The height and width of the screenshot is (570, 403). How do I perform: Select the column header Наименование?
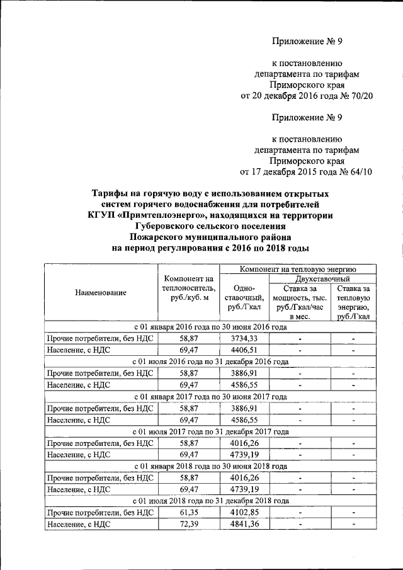click(101, 292)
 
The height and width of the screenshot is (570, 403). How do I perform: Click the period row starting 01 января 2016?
click(210, 327)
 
